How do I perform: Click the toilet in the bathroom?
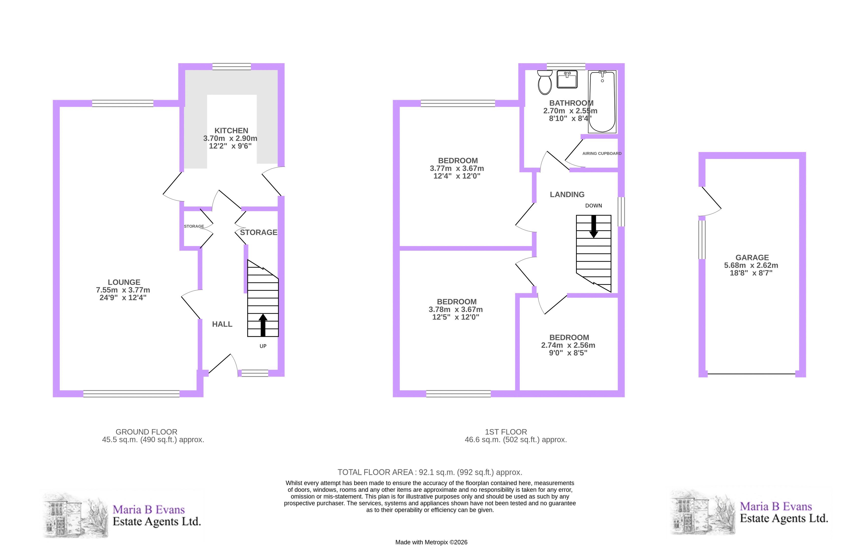(x=545, y=82)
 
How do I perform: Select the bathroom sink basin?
(x=567, y=79)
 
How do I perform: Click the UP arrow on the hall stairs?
(x=263, y=325)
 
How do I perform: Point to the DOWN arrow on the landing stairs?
(x=594, y=226)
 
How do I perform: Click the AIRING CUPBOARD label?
(x=602, y=153)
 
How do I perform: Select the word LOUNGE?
(x=124, y=282)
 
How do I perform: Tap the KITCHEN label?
(x=231, y=131)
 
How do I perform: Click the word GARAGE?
(x=752, y=258)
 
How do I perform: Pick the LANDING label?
(x=567, y=195)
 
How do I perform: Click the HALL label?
(x=222, y=324)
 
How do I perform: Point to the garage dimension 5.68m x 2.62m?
(x=751, y=265)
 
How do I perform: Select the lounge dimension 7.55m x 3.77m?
(x=123, y=290)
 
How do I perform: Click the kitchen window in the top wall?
(x=232, y=67)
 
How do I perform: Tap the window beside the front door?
(x=255, y=373)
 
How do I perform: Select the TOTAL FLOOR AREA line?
(x=430, y=472)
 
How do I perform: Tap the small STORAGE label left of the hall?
(x=194, y=226)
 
